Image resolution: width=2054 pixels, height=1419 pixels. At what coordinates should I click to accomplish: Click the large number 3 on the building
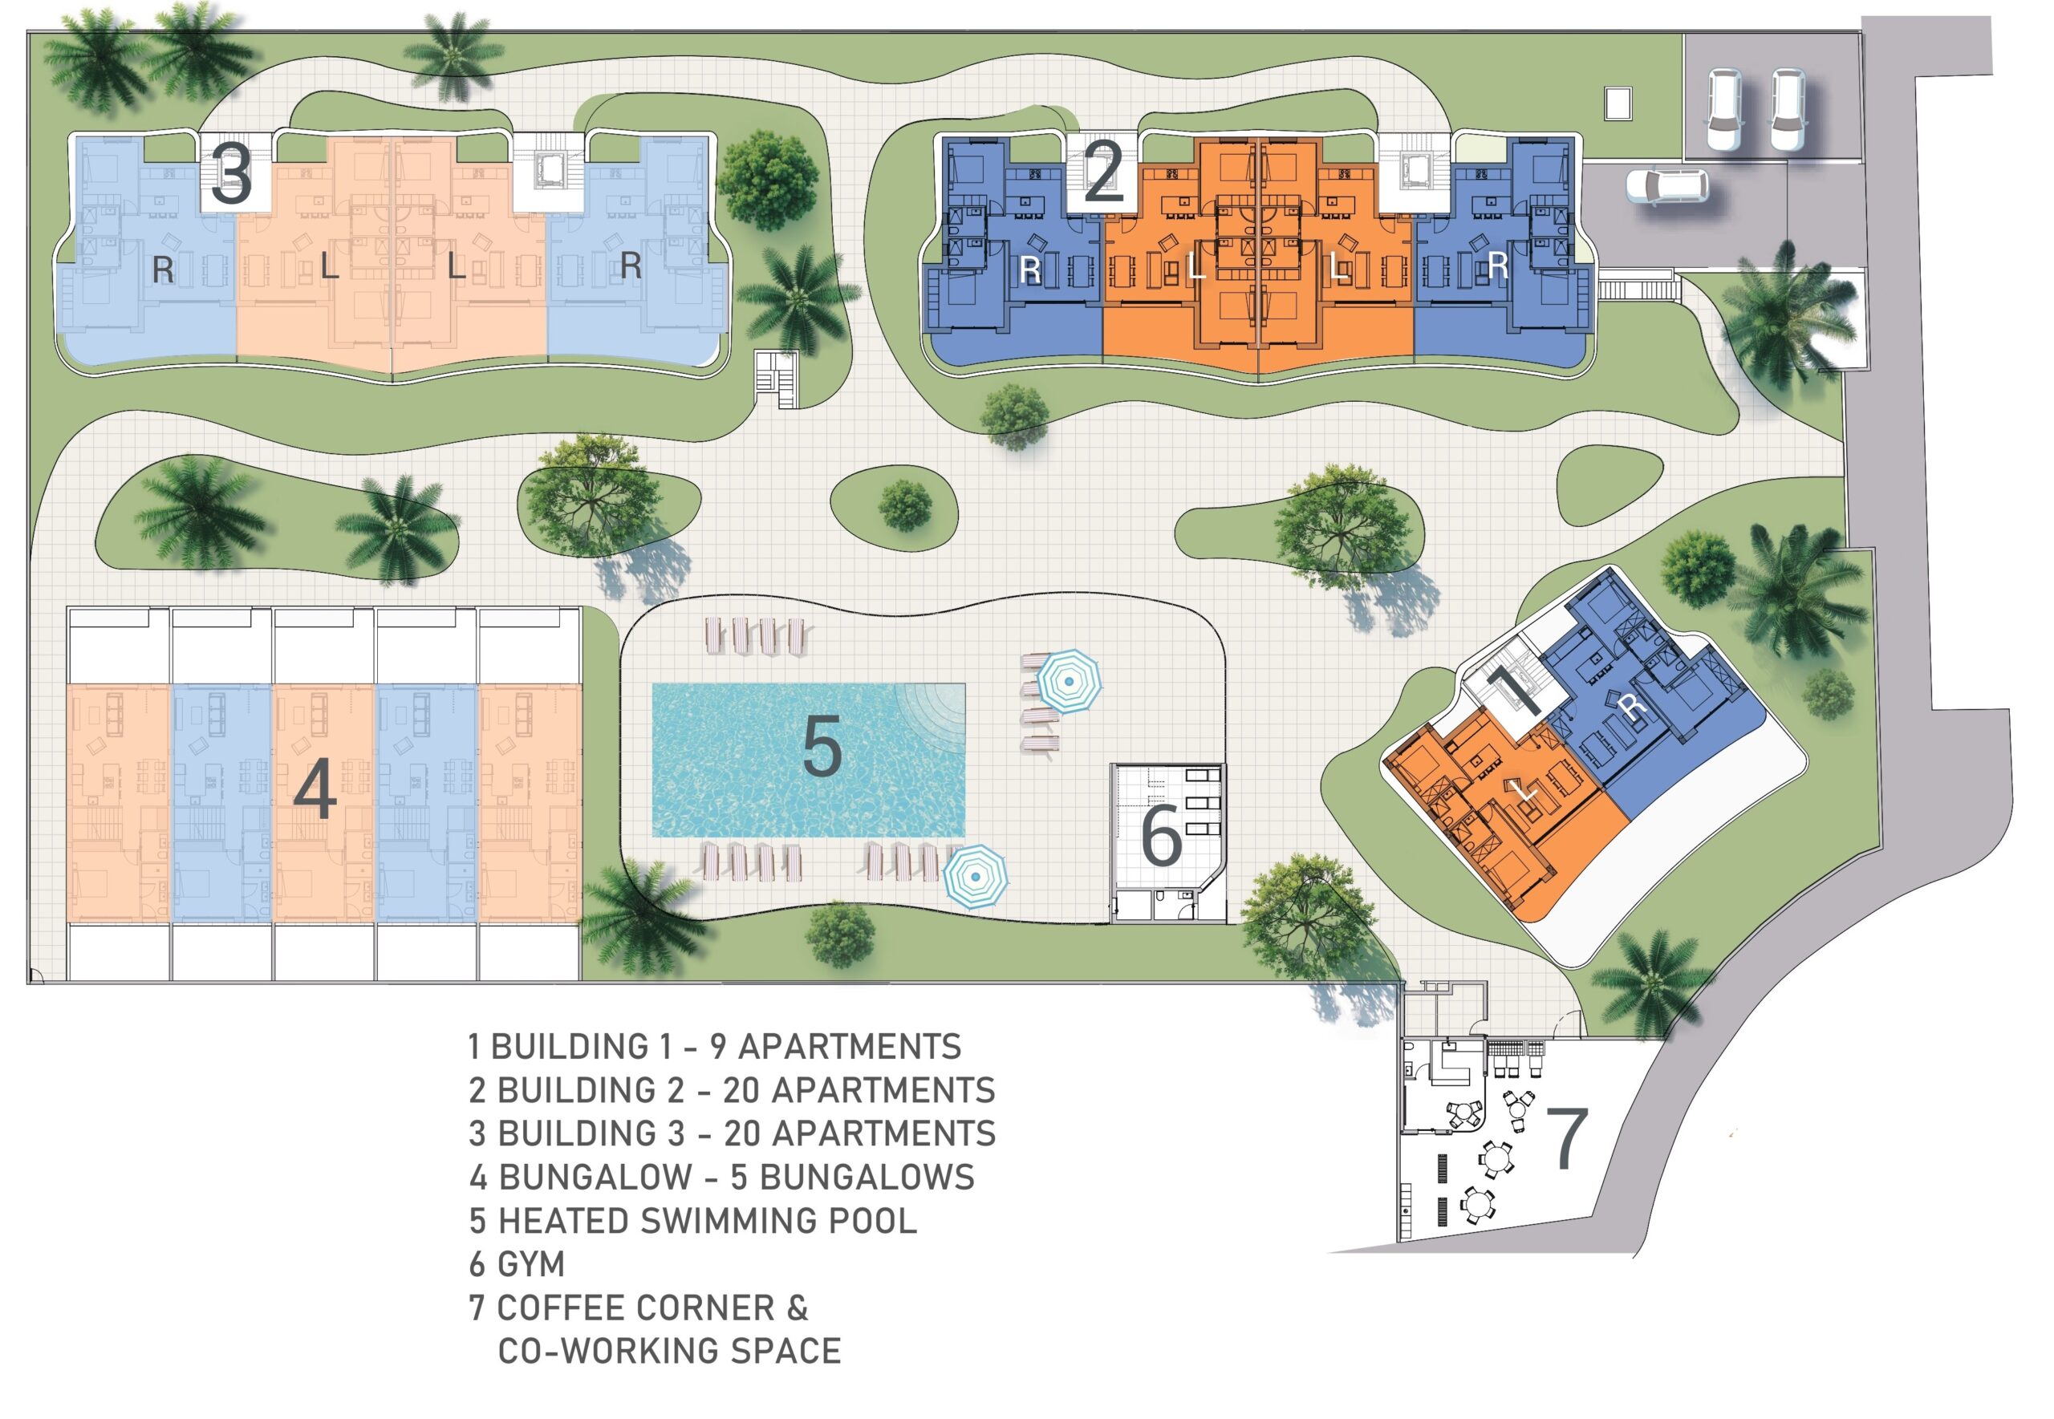pos(232,175)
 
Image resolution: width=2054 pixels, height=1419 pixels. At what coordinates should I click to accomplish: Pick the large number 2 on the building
pos(1103,172)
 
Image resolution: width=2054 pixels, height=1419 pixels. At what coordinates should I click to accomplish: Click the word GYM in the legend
pos(531,1263)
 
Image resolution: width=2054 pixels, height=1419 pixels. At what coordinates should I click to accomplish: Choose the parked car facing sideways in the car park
pos(1666,186)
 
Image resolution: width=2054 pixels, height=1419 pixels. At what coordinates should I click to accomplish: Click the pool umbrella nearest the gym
pos(1069,681)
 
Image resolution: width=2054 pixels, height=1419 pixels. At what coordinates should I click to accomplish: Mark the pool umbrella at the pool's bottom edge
pos(976,877)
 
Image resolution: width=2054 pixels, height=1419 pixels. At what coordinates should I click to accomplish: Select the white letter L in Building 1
pos(1527,789)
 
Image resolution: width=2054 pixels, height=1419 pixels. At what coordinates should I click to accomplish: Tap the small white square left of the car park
pos(1618,103)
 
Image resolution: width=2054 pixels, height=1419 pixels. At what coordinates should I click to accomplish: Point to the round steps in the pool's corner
pos(933,716)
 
